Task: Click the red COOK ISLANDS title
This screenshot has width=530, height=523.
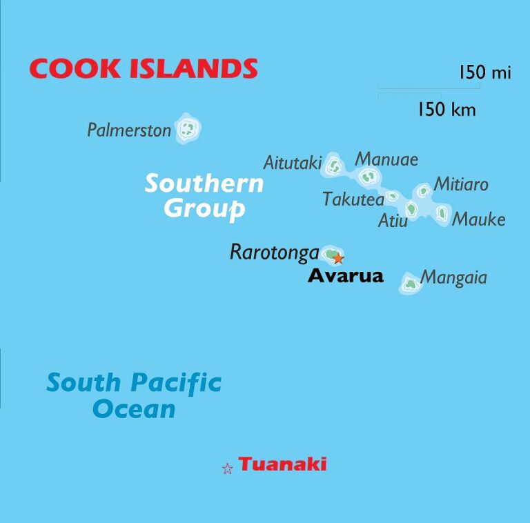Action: click(143, 68)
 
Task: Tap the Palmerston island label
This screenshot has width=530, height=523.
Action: click(129, 130)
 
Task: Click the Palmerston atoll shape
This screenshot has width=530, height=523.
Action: click(187, 128)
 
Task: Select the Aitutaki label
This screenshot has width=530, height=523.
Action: click(293, 164)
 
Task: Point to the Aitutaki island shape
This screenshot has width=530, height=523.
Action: click(334, 165)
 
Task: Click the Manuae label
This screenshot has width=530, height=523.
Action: click(386, 159)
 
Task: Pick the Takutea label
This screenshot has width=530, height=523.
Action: click(353, 199)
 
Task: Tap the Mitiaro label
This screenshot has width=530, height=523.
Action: click(460, 184)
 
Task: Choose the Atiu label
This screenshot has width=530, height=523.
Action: click(393, 221)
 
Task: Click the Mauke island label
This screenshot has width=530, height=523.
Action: click(478, 219)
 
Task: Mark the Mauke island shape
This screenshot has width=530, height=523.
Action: click(442, 213)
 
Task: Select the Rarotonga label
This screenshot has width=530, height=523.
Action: click(274, 253)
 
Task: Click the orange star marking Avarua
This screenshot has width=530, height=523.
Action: click(338, 259)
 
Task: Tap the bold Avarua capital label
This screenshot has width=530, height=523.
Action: click(345, 276)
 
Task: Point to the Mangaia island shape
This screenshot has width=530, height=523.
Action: click(410, 283)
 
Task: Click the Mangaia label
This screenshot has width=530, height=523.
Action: click(453, 277)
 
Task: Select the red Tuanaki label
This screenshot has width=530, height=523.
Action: click(282, 464)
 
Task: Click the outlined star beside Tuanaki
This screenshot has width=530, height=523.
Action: click(227, 469)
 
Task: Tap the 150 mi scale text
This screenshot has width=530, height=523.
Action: click(485, 72)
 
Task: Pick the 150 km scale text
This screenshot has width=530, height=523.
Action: click(446, 109)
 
